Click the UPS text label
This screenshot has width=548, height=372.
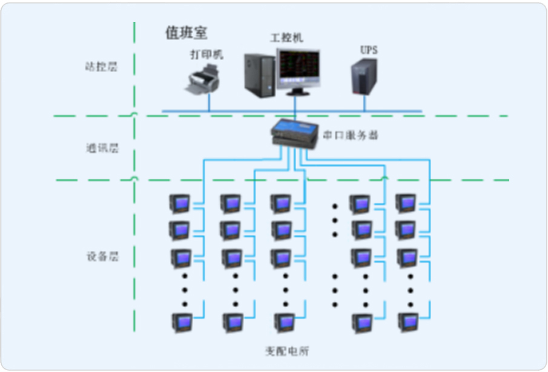coord(368,50)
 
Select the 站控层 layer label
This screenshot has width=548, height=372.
coord(101,67)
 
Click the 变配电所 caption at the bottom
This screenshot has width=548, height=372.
coord(286,351)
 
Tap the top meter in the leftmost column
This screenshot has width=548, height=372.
coord(180,203)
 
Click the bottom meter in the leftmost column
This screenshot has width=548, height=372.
coord(180,321)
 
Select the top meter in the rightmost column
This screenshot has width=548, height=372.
coord(406,203)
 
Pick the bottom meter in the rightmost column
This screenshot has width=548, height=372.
coord(406,321)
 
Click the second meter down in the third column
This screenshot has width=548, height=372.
coord(280,230)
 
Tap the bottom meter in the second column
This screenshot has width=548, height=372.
coord(231,321)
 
